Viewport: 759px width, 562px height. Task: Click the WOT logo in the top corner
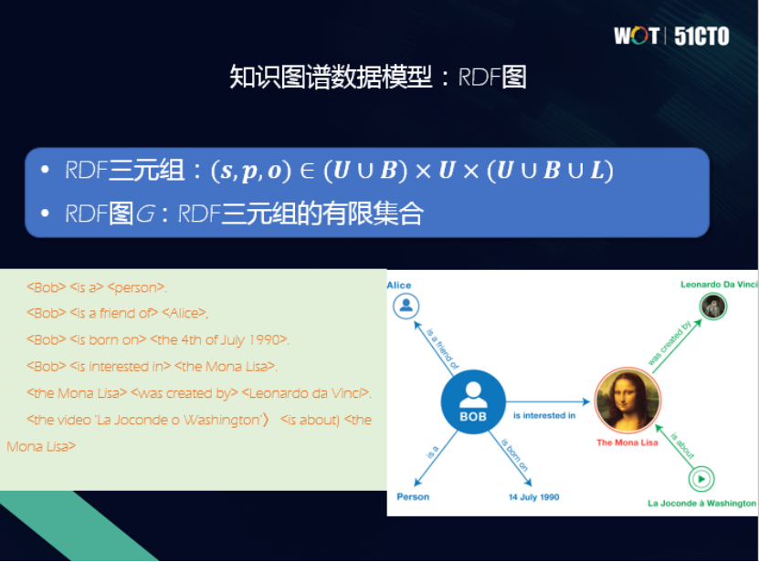coord(636,36)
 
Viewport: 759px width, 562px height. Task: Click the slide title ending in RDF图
coord(377,78)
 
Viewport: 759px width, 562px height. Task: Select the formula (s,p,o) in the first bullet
coord(249,171)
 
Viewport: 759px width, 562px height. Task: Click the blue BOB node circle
coord(472,401)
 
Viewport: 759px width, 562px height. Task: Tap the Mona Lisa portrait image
coord(627,401)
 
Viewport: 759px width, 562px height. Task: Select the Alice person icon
coord(406,306)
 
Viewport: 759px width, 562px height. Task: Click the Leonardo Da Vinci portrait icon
coord(713,307)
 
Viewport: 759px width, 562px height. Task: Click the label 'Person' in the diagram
coord(413,497)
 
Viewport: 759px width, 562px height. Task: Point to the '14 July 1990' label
coord(534,497)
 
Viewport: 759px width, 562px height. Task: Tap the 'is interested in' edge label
coord(544,416)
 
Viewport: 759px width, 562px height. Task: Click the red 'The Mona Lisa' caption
coord(627,442)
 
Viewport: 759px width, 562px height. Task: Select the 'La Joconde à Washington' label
coord(701,503)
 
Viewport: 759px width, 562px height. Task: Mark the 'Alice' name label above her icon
coord(399,286)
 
